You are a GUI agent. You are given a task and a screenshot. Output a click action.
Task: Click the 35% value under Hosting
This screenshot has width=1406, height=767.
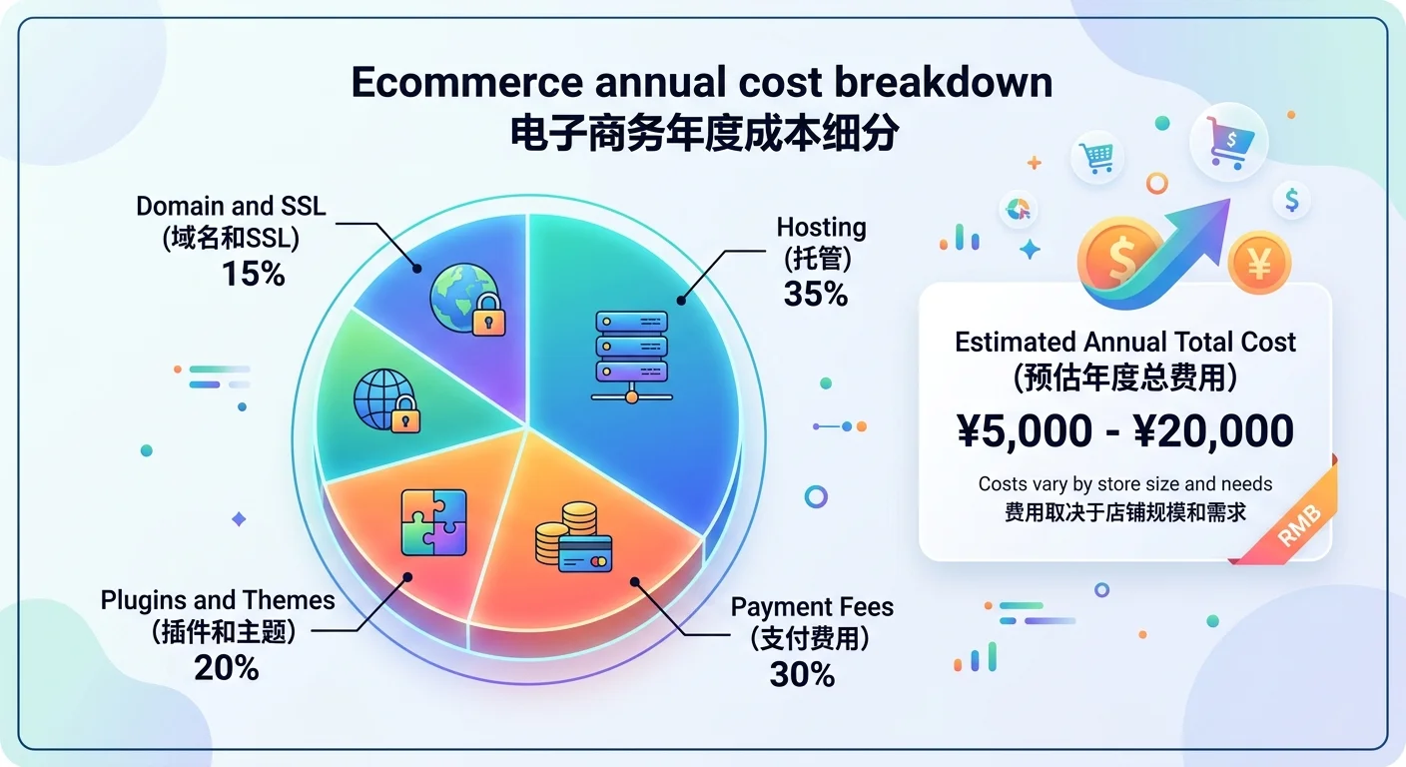816,295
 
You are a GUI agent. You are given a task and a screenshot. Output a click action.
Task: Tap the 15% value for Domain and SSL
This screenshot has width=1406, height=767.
254,273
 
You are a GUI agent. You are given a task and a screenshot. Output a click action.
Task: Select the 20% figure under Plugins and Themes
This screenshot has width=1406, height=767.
227,667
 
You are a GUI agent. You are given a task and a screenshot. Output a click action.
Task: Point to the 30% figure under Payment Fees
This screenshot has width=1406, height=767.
802,674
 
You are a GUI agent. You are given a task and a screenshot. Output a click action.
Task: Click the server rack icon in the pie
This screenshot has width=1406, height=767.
631,356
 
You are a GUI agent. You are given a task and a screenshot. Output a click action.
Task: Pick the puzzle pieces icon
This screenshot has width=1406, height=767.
433,521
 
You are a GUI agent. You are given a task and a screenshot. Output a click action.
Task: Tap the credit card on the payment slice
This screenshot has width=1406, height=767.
585,550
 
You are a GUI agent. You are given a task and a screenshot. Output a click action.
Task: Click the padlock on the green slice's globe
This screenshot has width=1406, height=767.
403,416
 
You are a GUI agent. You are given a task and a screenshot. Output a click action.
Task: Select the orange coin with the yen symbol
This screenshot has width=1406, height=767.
1259,263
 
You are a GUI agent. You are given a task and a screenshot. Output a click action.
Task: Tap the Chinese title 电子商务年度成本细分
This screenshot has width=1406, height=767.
702,133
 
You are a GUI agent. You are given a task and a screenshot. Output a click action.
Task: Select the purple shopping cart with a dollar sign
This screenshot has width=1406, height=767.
1227,142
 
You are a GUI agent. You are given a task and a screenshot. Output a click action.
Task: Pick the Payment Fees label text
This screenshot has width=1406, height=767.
812,607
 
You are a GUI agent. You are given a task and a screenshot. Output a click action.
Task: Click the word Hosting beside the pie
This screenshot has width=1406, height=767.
821,228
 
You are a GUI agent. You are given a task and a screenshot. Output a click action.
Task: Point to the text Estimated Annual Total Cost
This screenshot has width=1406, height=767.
1125,343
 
